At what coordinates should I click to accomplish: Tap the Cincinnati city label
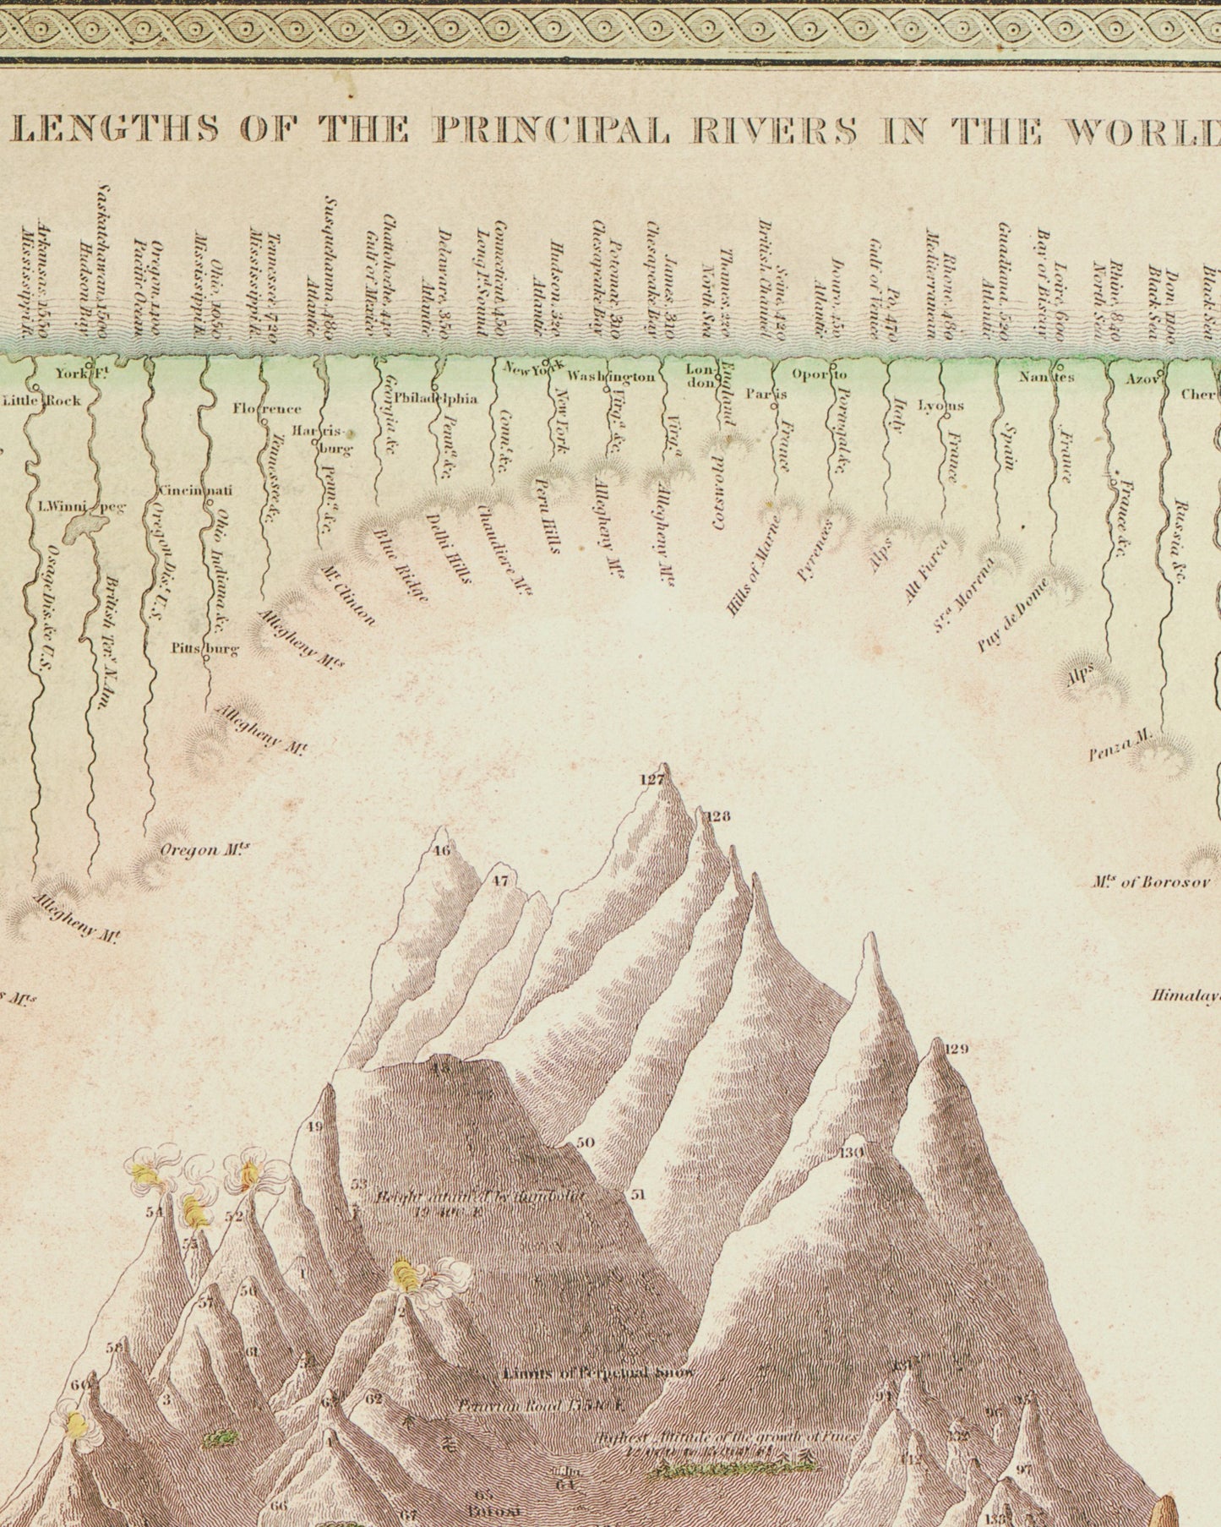pyautogui.click(x=194, y=490)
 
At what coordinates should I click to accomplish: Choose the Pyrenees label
pyautogui.click(x=816, y=551)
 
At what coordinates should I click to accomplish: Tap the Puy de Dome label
pyautogui.click(x=1012, y=615)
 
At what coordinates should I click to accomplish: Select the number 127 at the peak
pyautogui.click(x=651, y=780)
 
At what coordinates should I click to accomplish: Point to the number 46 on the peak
pyautogui.click(x=441, y=851)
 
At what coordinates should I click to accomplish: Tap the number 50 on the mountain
pyautogui.click(x=586, y=1143)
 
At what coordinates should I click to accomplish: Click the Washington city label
pyautogui.click(x=611, y=376)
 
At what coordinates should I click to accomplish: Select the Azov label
pyautogui.click(x=1141, y=379)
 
